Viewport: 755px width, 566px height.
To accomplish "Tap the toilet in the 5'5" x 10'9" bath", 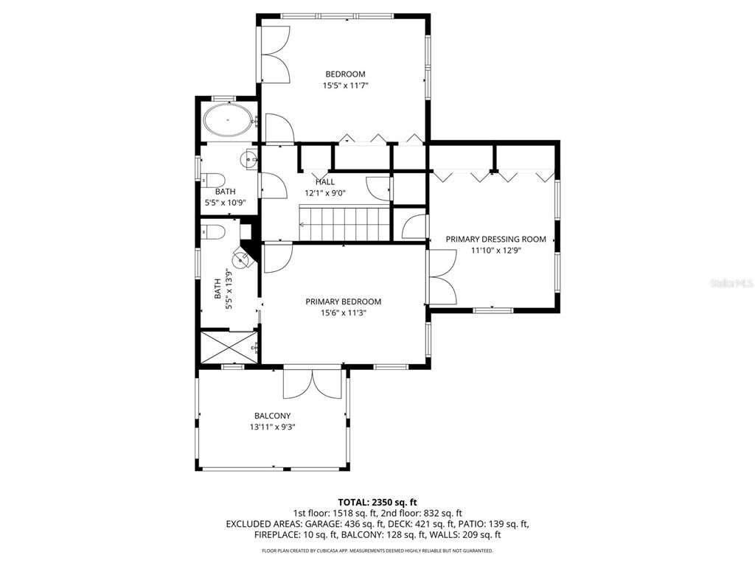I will (212, 179).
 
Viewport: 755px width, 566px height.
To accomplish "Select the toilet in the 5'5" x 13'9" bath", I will (213, 232).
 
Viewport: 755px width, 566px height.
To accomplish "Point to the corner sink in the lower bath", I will (242, 257).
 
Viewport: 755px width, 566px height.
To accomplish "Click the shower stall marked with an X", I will (227, 347).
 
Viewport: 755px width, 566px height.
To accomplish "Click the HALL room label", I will (325, 182).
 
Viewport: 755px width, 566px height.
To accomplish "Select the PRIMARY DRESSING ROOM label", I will (495, 239).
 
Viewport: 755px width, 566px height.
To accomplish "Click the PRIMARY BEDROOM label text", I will (344, 301).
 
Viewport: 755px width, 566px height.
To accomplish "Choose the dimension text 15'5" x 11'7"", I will (345, 85).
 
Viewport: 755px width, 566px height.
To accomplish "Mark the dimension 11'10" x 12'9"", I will (495, 251).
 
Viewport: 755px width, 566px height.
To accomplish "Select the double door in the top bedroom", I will (275, 56).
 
